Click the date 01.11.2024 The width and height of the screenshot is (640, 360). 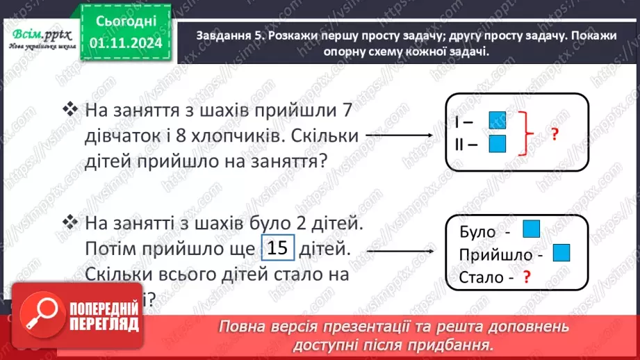point(129,43)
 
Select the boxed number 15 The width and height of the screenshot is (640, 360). point(278,249)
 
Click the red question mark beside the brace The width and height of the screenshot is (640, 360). point(555,135)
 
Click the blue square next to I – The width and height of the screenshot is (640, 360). point(497,121)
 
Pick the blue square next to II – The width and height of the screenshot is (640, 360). point(497,144)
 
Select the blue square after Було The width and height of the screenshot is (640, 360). point(531,229)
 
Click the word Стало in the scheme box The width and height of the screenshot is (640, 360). point(481,279)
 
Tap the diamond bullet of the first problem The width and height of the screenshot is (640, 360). point(69,110)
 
